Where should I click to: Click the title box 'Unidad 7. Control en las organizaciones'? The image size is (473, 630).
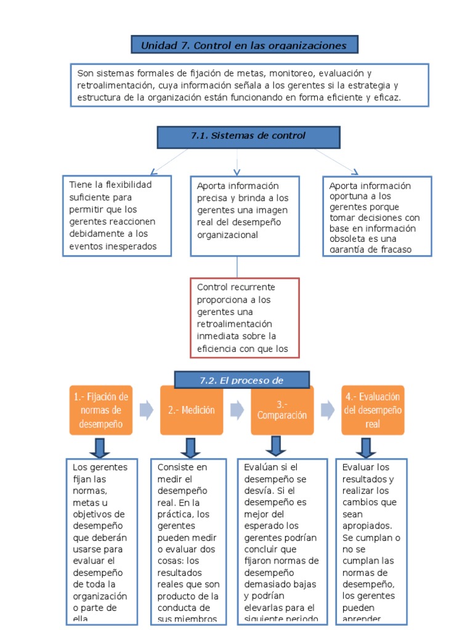coord(245,45)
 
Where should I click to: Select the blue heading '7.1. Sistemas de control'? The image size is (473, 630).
coord(248,137)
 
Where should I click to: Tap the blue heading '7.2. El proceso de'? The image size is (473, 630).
coord(242,380)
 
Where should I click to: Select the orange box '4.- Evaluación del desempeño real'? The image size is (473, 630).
coord(373,410)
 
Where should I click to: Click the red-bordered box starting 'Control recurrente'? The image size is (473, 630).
coord(245,318)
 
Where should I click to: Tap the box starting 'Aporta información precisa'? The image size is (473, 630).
coord(245,216)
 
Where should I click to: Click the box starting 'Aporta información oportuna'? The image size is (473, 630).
coord(377,216)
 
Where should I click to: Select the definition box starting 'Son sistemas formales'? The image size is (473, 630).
coord(249,86)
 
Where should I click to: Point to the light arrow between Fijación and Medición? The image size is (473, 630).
coord(147,410)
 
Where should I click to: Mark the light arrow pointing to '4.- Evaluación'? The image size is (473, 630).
coord(328,410)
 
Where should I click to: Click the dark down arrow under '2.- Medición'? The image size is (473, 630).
coord(190,447)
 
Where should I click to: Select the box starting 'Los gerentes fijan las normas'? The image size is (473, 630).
coord(100,541)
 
